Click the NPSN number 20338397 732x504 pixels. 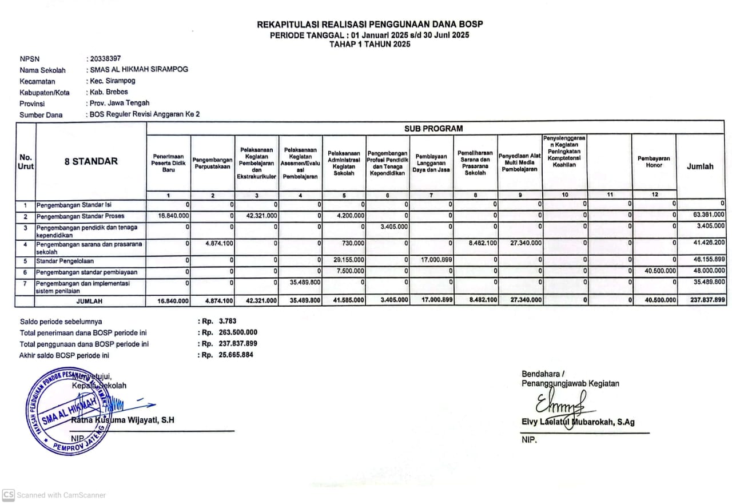[105, 58]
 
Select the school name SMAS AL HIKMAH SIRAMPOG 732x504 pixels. [139, 69]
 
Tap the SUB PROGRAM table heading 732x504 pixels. [433, 129]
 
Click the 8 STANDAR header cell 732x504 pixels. [91, 161]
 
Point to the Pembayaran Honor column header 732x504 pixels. [654, 161]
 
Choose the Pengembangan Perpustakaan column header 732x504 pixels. [213, 162]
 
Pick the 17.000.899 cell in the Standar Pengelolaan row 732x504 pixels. [434, 261]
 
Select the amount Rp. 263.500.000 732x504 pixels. [238, 332]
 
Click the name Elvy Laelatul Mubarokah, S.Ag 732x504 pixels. [578, 422]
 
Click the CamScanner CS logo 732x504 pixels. [8, 495]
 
